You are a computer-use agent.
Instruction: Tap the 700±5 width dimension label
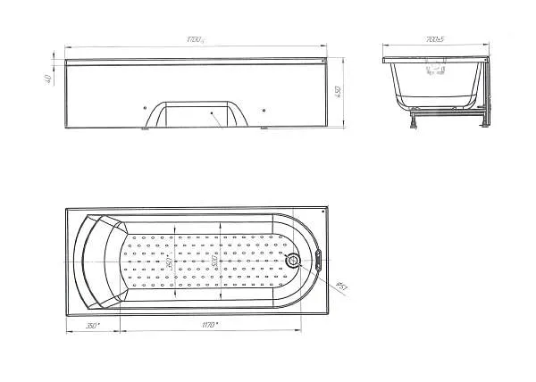(x=436, y=41)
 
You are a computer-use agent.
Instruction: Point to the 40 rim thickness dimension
(x=46, y=79)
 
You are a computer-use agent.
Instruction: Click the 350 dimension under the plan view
(x=92, y=326)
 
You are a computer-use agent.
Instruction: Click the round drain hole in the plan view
(x=296, y=261)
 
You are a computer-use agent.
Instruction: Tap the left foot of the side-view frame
(x=412, y=120)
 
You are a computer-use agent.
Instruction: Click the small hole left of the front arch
(x=145, y=110)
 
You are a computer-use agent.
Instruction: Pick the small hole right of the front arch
(x=265, y=110)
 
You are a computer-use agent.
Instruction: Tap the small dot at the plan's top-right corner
(x=319, y=212)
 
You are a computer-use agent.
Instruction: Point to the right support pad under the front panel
(x=263, y=129)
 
